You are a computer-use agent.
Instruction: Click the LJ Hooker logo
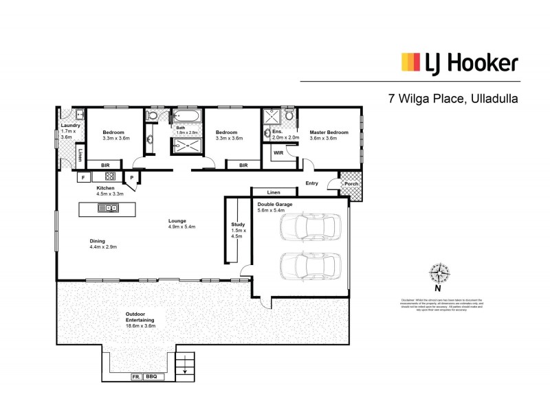coord(459,63)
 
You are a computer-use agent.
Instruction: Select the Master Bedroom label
coord(327,133)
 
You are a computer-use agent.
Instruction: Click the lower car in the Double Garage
coord(310,265)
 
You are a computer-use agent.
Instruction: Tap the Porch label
coord(351,183)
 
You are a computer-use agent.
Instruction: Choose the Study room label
coord(239,224)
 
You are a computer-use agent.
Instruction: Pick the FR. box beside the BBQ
coord(136,377)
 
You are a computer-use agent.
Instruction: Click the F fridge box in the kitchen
coord(83,177)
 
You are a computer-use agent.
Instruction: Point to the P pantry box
coord(131,177)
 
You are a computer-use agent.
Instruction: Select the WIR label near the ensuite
coord(278,152)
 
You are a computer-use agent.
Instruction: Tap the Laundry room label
coord(71,126)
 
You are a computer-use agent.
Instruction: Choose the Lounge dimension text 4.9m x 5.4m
coord(182,227)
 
